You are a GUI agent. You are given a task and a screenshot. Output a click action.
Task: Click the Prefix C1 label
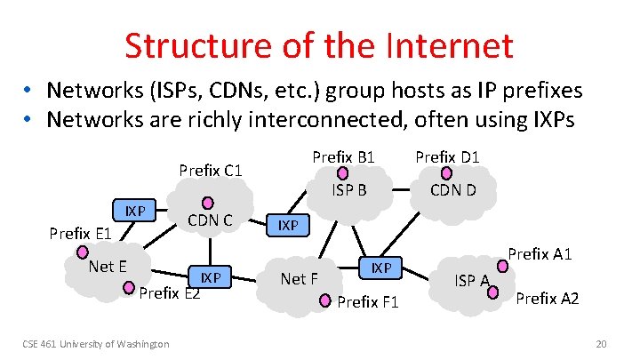coord(212,170)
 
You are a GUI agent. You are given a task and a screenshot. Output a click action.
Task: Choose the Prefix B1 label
coord(344,157)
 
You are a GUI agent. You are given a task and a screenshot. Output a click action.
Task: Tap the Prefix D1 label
coord(447,157)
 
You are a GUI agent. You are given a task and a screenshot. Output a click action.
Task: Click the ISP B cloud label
coord(349,189)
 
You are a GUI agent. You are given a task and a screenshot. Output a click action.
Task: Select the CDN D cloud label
coord(452,189)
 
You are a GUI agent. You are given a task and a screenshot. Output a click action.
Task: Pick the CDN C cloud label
coord(210,220)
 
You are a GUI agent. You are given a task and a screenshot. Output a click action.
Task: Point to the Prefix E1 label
coord(80,234)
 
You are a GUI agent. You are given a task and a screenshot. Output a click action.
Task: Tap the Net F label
coord(299,279)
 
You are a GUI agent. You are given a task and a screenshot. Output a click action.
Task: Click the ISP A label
coord(472,282)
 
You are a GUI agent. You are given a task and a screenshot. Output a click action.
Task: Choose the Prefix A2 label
coord(548,299)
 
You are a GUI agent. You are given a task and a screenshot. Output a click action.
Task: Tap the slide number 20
coord(601,344)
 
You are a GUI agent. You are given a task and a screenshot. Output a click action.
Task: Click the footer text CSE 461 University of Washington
coord(96,344)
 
